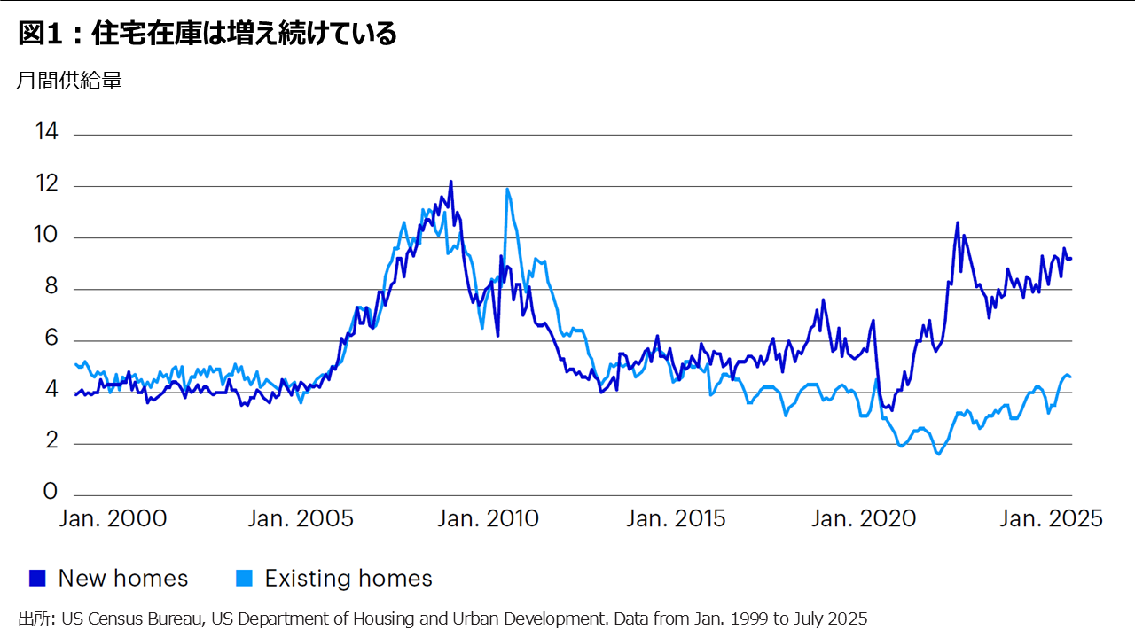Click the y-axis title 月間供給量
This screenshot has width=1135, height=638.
[x=69, y=81]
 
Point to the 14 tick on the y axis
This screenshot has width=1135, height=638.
[x=47, y=133]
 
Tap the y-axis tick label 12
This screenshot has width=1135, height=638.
[x=47, y=184]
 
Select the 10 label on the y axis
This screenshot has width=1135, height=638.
[x=47, y=237]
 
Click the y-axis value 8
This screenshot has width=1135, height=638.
[x=52, y=288]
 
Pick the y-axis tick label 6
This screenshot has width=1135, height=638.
[x=52, y=339]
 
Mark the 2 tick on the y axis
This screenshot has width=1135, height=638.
[x=52, y=442]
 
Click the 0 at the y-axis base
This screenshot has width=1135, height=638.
[x=52, y=493]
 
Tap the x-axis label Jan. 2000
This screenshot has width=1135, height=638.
[x=113, y=519]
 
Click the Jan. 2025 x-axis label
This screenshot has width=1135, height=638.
[x=1051, y=519]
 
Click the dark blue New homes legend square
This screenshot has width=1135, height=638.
[x=36, y=579]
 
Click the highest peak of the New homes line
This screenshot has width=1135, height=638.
[x=450, y=182]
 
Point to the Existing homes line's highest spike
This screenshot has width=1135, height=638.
[x=507, y=189]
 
